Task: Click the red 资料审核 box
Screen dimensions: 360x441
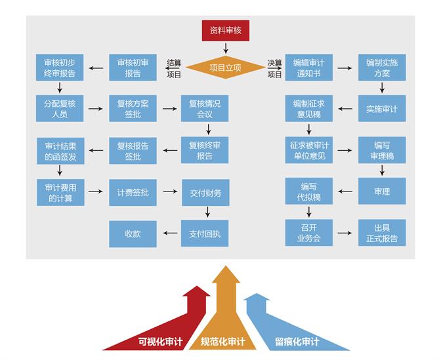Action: click(x=225, y=30)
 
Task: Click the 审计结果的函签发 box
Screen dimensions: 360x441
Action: click(x=60, y=151)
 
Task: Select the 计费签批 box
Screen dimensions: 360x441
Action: click(x=133, y=193)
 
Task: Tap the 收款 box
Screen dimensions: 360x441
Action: click(x=133, y=233)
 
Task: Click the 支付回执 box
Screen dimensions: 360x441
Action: click(x=205, y=233)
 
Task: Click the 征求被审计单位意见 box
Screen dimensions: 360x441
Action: click(x=308, y=151)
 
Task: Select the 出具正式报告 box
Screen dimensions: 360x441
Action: click(x=382, y=233)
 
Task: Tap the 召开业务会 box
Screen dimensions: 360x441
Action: click(x=308, y=233)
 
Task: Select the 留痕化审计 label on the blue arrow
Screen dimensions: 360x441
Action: click(x=297, y=342)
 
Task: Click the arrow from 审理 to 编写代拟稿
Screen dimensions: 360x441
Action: click(x=345, y=193)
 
